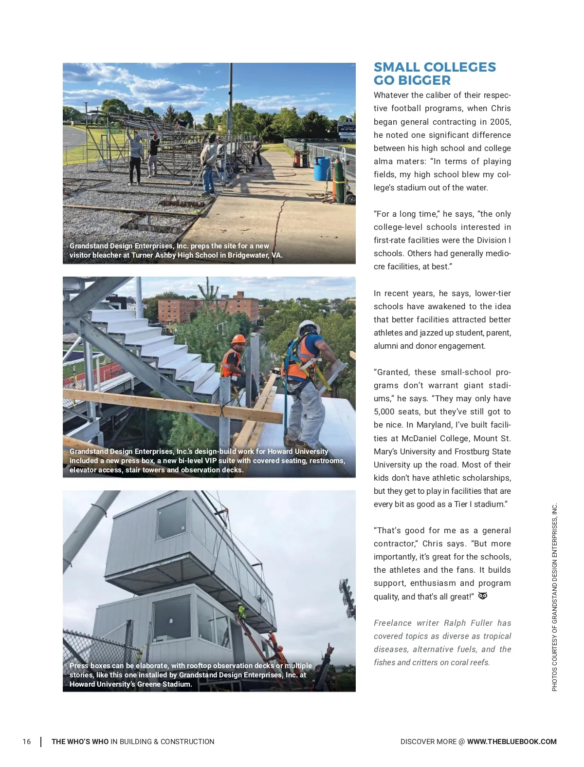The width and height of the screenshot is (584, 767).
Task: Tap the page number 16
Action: pos(27,742)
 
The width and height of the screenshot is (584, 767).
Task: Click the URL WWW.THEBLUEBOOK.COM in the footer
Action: pos(511,742)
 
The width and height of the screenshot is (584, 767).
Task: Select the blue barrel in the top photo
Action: pos(322,168)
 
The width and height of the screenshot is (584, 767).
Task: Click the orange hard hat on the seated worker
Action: pos(239,339)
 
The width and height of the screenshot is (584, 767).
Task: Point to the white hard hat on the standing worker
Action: pos(307,327)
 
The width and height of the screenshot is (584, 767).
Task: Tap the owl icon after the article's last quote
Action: pos(483,596)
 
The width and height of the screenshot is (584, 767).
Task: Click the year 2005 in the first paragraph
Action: pos(500,122)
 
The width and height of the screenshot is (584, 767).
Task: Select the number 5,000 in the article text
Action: pos(384,412)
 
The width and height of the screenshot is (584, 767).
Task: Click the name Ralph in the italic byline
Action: pos(455,623)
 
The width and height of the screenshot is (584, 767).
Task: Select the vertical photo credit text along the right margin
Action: pos(554,597)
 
